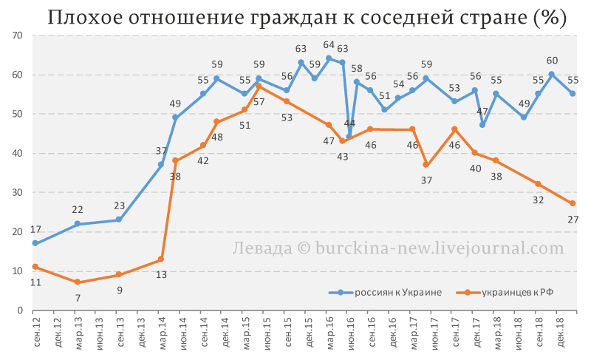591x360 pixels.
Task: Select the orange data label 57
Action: tap(259, 101)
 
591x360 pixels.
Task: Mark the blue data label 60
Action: tap(552, 61)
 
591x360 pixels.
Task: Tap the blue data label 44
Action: tap(349, 123)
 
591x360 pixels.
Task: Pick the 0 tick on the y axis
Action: tap(21, 310)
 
